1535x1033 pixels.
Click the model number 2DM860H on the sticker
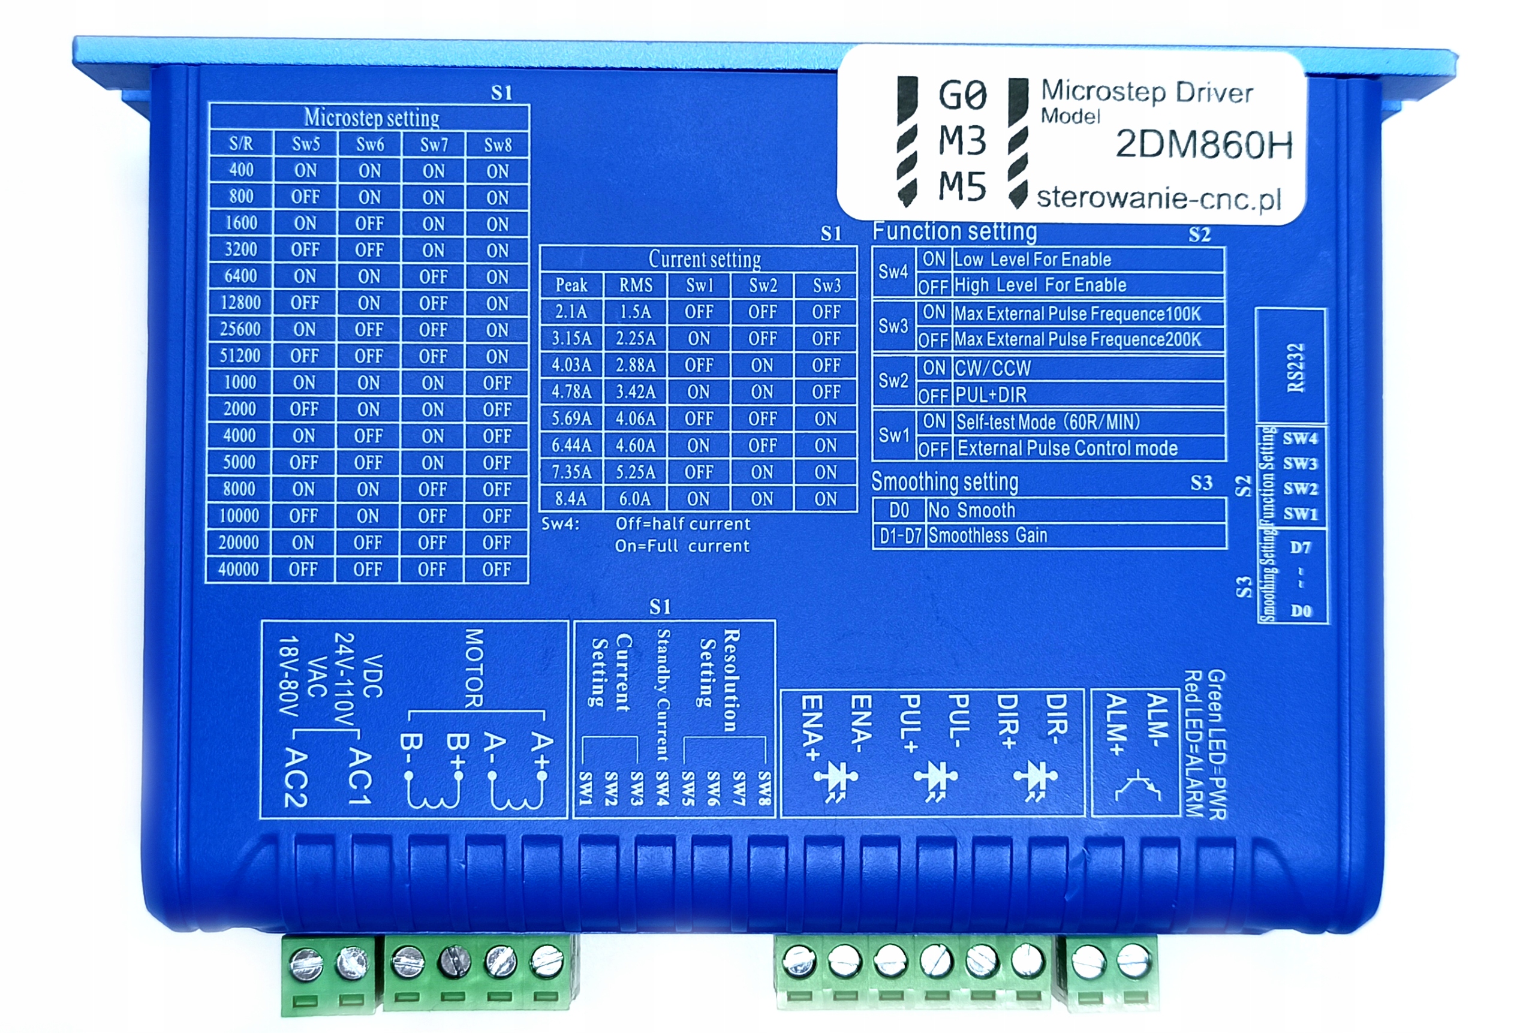pyautogui.click(x=1203, y=145)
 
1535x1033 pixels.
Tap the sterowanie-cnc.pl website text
pyautogui.click(x=1159, y=198)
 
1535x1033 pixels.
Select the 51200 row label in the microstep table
pyautogui.click(x=240, y=356)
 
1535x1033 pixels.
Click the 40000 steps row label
pyautogui.click(x=239, y=569)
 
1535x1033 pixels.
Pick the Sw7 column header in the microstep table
pyautogui.click(x=434, y=144)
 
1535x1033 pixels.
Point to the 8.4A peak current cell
pyautogui.click(x=570, y=499)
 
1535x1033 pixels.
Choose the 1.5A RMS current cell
pyautogui.click(x=635, y=312)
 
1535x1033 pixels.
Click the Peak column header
pyautogui.click(x=570, y=285)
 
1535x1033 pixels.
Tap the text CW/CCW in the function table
pyautogui.click(x=993, y=368)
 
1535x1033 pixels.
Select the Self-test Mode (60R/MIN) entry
pyautogui.click(x=1048, y=422)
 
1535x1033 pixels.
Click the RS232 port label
pyautogui.click(x=1295, y=368)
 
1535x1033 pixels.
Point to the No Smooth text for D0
pyautogui.click(x=972, y=511)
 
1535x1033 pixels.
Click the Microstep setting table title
pyautogui.click(x=372, y=118)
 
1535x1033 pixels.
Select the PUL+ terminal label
pyautogui.click(x=910, y=724)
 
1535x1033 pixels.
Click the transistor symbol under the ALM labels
pyautogui.click(x=1137, y=785)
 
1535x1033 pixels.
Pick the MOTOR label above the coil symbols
pyautogui.click(x=474, y=668)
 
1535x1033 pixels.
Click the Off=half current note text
pyautogui.click(x=682, y=524)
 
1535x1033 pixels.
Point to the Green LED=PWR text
pyautogui.click(x=1216, y=745)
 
